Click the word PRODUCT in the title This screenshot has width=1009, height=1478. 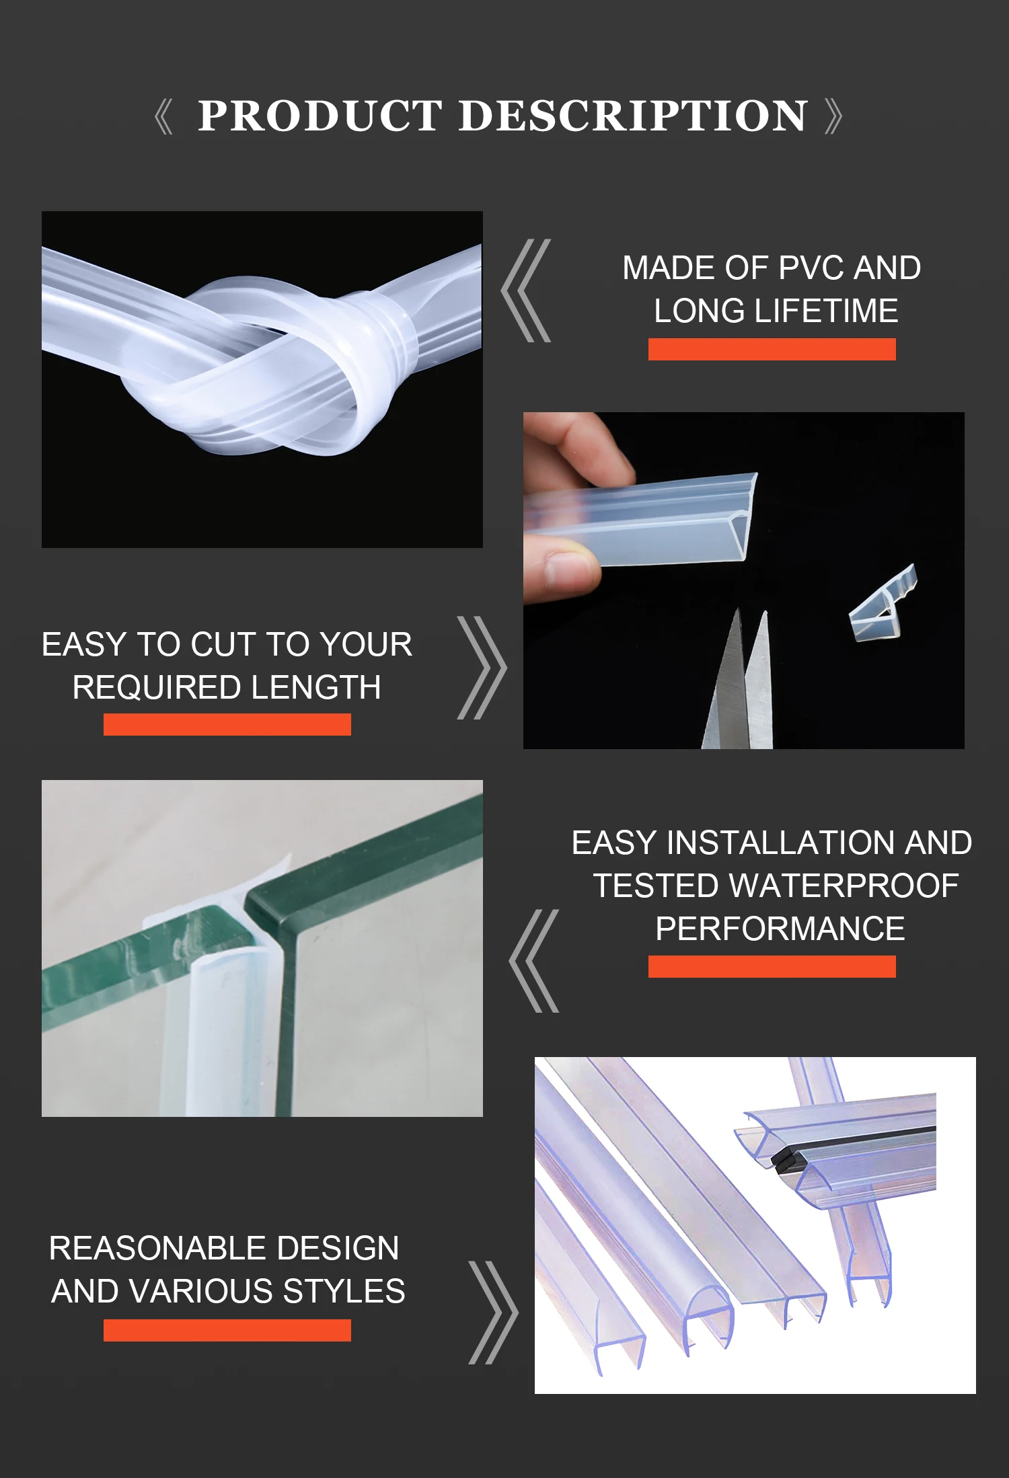[320, 116]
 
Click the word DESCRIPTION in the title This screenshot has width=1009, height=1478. [633, 116]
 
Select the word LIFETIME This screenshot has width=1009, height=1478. [826, 311]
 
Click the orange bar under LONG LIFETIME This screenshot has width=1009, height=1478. [772, 350]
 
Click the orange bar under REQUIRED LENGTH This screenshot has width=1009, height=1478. [227, 724]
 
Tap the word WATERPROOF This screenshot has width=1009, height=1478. [844, 886]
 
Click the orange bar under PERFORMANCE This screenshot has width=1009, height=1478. [772, 966]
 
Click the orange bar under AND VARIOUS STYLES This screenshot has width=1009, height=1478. [227, 1330]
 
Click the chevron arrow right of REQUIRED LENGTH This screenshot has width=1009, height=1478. [482, 668]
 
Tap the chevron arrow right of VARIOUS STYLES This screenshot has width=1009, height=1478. [493, 1313]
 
